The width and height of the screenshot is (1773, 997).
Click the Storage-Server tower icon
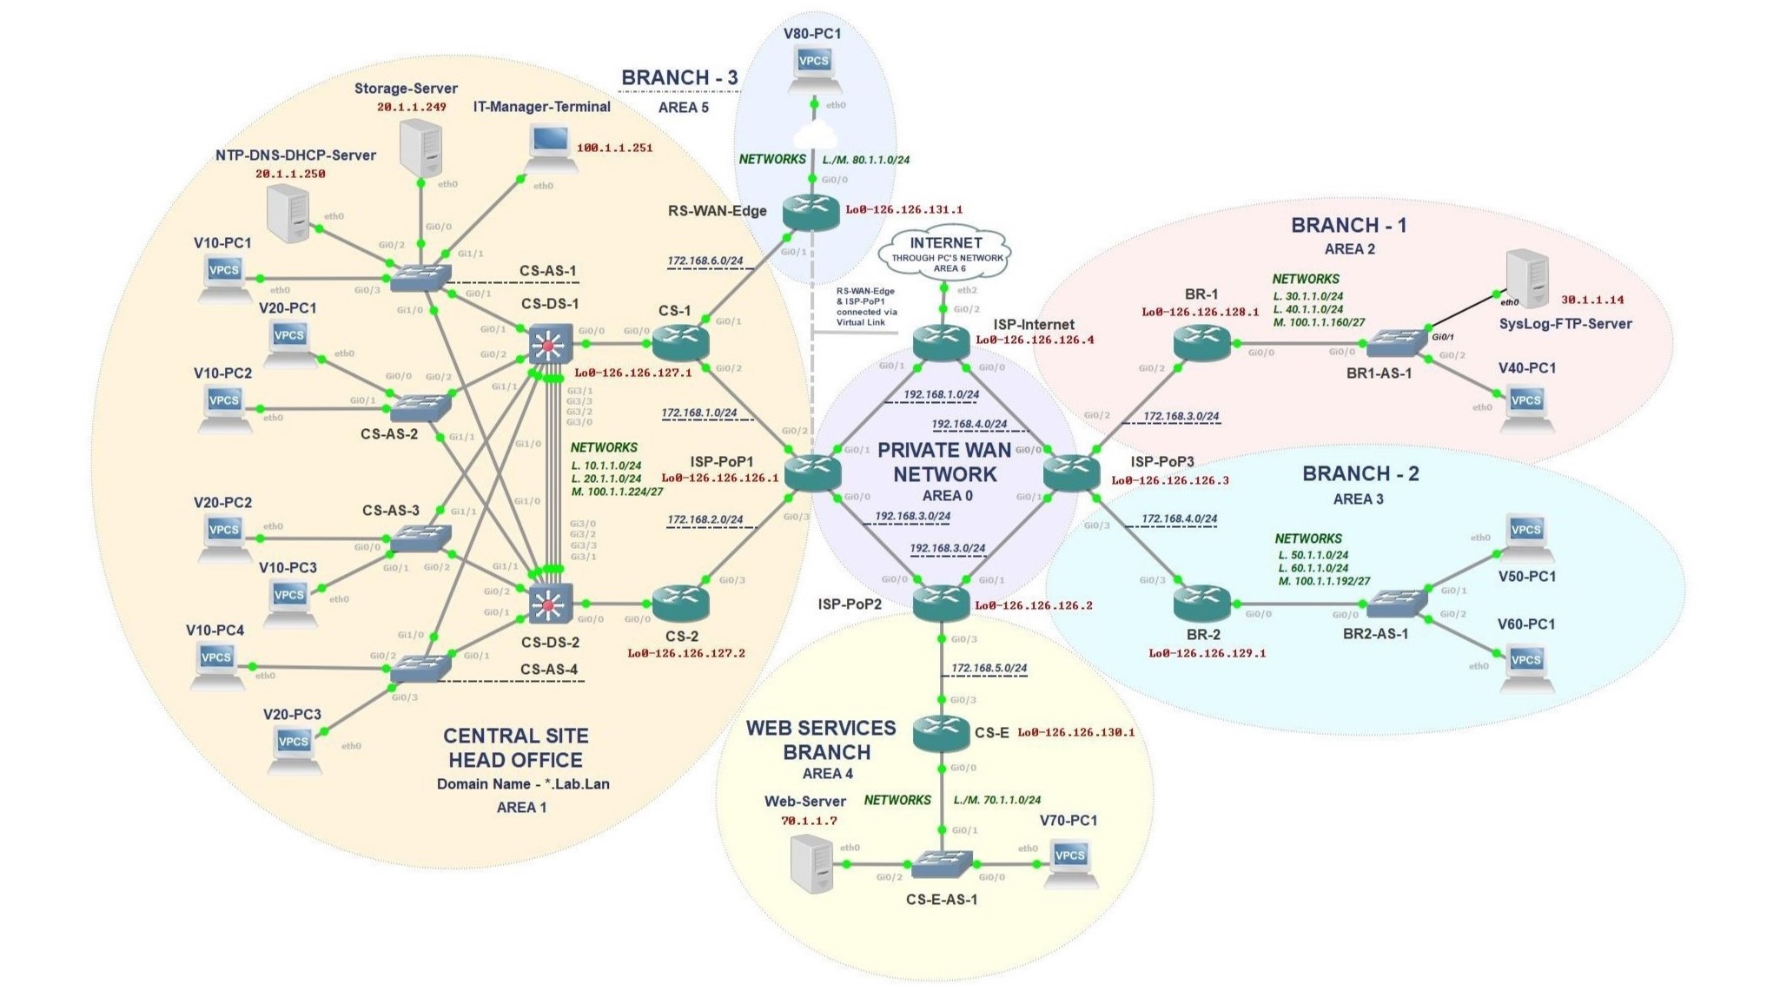point(420,149)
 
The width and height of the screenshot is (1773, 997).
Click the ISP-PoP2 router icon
point(941,601)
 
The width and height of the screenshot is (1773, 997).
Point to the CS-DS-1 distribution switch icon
point(550,344)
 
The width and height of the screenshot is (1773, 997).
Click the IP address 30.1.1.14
point(1591,300)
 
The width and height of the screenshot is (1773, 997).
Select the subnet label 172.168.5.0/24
point(989,669)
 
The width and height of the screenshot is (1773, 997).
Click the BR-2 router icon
point(1201,601)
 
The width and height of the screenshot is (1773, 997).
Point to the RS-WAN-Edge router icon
point(810,211)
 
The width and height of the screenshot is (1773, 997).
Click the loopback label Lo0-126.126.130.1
point(1075,732)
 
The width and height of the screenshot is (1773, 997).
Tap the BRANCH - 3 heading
point(679,78)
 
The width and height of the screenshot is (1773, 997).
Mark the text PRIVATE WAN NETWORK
point(944,462)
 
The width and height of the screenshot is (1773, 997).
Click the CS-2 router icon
point(680,602)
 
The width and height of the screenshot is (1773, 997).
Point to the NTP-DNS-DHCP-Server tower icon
point(288,215)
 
